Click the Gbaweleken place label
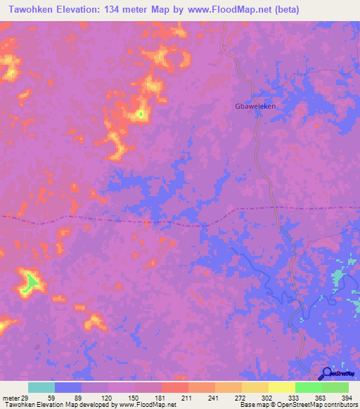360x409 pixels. pos(254,108)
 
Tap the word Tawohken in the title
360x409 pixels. pos(30,10)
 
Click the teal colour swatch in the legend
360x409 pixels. pos(41,387)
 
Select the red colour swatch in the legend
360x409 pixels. pos(175,387)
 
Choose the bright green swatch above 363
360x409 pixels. pos(309,387)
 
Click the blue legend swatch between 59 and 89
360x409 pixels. pos(68,387)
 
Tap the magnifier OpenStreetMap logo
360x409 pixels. pos(326,375)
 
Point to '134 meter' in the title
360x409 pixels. pos(133,10)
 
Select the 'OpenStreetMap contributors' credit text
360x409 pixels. pos(315,405)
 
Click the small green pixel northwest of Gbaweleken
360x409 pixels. pos(141,113)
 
